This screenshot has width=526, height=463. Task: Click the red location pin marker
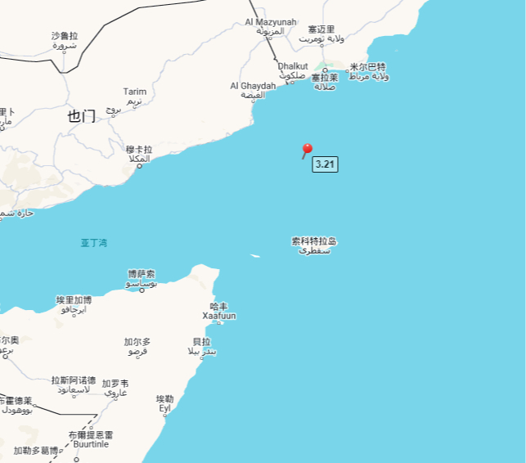tap(307, 150)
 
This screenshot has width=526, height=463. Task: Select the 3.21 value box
tap(325, 164)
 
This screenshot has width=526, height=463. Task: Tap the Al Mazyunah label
tap(270, 22)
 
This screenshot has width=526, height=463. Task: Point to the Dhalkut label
tap(293, 66)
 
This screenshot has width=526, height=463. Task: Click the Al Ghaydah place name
tap(253, 85)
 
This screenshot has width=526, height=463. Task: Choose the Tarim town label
tap(134, 92)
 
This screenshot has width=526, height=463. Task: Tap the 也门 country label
tap(82, 116)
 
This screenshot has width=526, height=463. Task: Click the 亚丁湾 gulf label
tap(93, 242)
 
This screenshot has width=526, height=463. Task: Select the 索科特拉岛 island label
tap(314, 241)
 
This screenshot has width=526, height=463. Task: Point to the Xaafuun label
tap(219, 315)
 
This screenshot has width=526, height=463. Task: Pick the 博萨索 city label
tap(141, 274)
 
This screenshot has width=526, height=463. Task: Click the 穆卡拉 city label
tap(139, 150)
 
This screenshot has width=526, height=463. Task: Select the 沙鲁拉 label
tap(65, 36)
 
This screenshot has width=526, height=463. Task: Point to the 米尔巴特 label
tap(367, 67)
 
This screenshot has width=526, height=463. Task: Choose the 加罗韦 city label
tap(115, 383)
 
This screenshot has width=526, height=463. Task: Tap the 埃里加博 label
tap(74, 300)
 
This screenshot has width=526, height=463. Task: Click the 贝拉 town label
tap(201, 341)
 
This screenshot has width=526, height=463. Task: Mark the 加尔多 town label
tap(137, 341)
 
